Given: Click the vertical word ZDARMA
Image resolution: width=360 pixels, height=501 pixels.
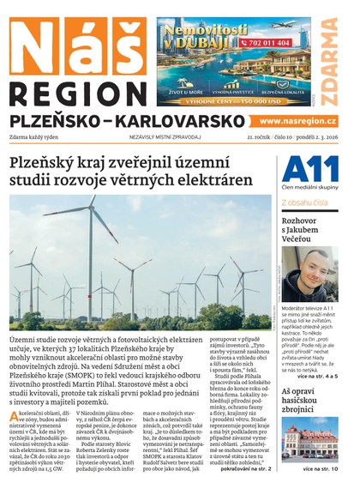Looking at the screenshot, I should (x=329, y=56).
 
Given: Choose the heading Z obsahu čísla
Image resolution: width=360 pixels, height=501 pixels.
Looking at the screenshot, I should (x=304, y=203).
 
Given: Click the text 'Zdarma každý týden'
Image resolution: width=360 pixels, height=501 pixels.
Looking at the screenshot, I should (x=38, y=137).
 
